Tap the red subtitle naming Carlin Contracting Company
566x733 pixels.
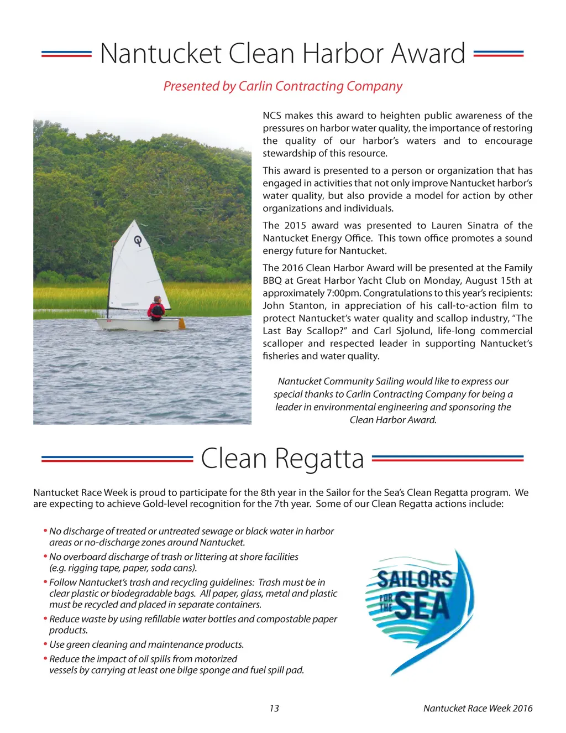tap(282, 86)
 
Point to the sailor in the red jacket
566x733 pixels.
tap(156, 308)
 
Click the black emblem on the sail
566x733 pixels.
tap(138, 241)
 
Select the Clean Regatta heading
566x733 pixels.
tap(282, 459)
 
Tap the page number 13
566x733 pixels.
tap(274, 708)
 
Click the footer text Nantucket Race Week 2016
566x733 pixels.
tap(478, 708)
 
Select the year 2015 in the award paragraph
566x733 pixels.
tap(295, 226)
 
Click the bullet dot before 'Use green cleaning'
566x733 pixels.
tap(45, 644)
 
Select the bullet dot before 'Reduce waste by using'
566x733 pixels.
tap(45, 618)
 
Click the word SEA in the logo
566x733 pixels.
tap(422, 606)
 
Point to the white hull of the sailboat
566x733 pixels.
tap(138, 324)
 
